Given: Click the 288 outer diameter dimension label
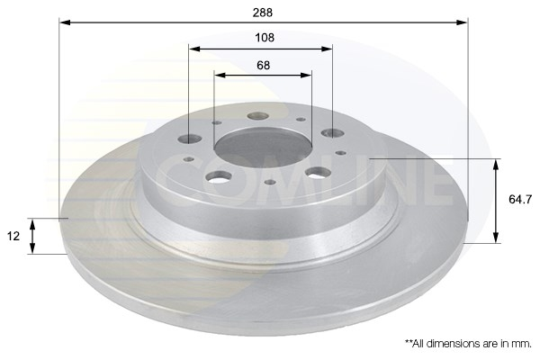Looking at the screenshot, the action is pos(263,13).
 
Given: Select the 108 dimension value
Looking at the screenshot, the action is pos(265,38).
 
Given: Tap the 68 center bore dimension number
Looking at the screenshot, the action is pos(264,65).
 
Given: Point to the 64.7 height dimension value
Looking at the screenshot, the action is pos(520,200).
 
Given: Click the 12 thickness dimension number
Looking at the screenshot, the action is pos(13,237).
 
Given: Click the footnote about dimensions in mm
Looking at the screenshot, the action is pos(468,344).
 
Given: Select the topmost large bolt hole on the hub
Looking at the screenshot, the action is pos(258,116).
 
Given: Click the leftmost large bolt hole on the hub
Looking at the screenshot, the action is pos(190,139).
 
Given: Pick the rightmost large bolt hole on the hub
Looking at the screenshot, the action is pos(333,132).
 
